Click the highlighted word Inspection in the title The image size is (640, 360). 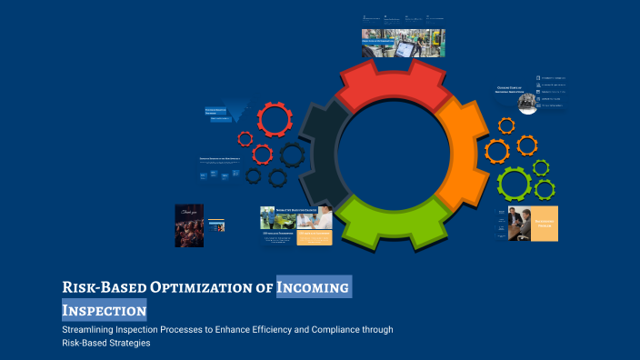click(x=104, y=310)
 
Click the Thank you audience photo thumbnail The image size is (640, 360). click(x=188, y=225)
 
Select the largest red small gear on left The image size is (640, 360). click(x=274, y=119)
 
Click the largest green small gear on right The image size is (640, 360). click(x=515, y=184)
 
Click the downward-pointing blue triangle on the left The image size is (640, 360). click(x=239, y=113)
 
